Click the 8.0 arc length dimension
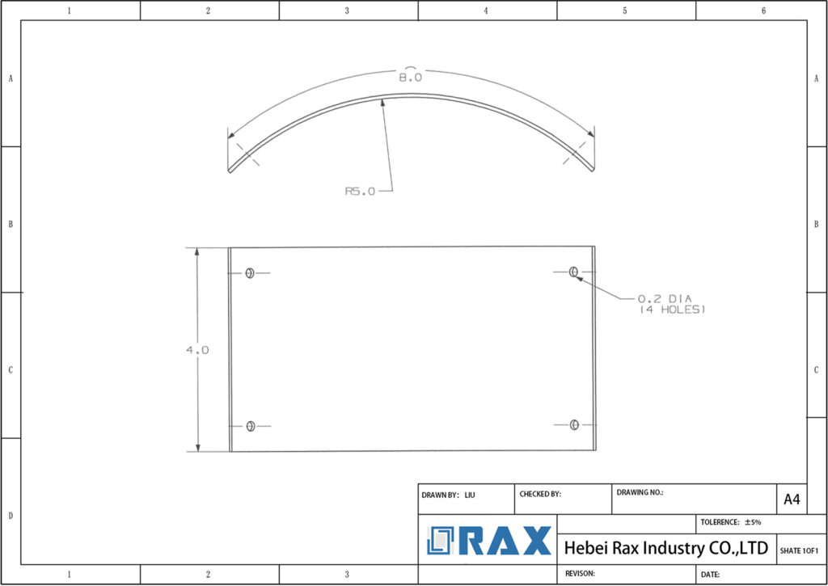[x=410, y=78]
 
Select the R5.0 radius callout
[x=360, y=192]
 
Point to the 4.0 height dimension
[x=197, y=350]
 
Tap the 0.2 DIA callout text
[x=665, y=298]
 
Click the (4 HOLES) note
[x=673, y=310]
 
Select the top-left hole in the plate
[x=250, y=273]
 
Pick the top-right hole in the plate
[x=573, y=272]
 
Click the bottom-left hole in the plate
[x=250, y=426]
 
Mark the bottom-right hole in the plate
[x=574, y=424]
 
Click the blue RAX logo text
[x=505, y=541]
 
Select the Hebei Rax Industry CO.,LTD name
[x=665, y=548]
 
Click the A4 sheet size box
[x=791, y=500]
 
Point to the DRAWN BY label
[x=441, y=494]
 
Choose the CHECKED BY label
[x=540, y=494]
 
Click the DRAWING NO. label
[x=640, y=491]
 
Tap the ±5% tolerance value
[x=752, y=523]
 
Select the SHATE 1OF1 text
[x=799, y=550]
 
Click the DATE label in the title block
[x=711, y=574]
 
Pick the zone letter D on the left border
[x=10, y=515]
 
